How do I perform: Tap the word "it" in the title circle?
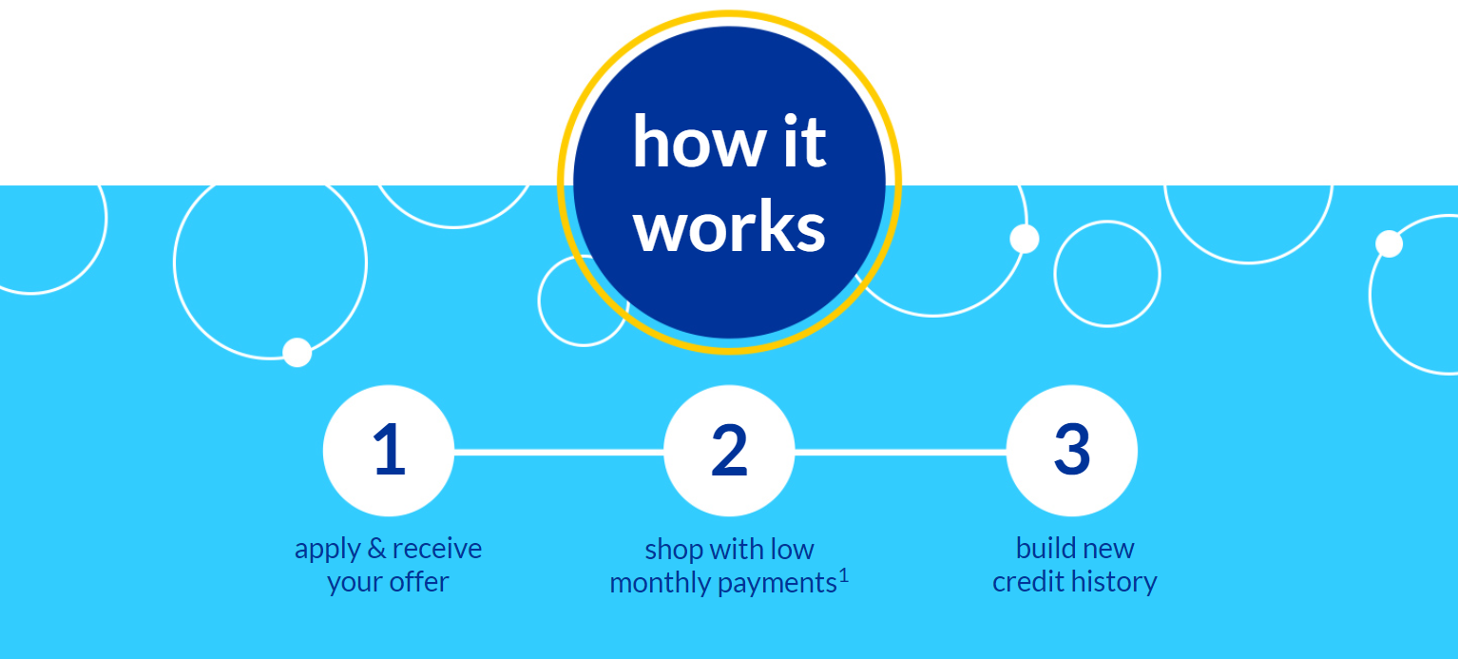tap(805, 140)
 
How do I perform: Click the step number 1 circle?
tap(389, 451)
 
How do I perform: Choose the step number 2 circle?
tap(729, 451)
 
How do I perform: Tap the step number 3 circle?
tap(1072, 451)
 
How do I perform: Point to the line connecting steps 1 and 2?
tap(559, 452)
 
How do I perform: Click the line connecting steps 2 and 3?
tap(900, 452)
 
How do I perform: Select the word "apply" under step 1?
tap(327, 551)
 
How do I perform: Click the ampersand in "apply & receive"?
tap(376, 549)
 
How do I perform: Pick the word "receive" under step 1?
tap(437, 549)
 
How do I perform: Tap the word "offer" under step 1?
tap(419, 582)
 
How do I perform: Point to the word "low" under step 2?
tap(792, 550)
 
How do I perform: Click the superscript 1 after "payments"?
tap(844, 575)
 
